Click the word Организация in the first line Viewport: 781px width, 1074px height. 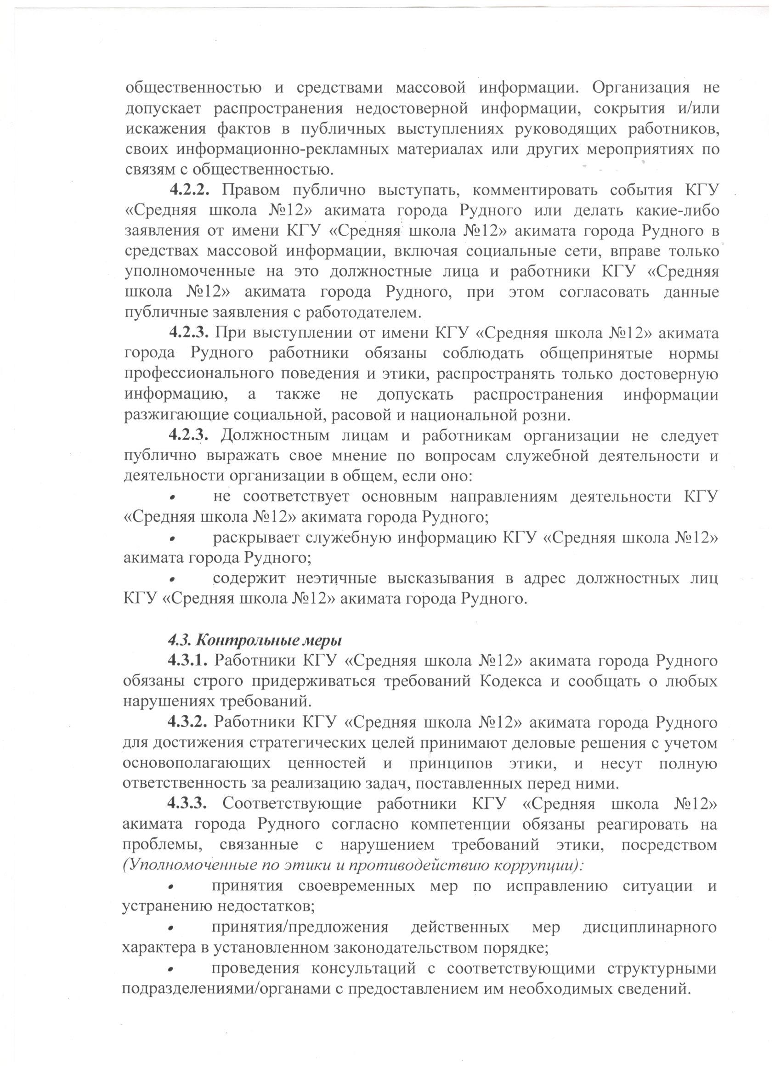[641, 88]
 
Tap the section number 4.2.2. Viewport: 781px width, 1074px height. [189, 191]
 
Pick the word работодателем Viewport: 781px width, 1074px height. [370, 313]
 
